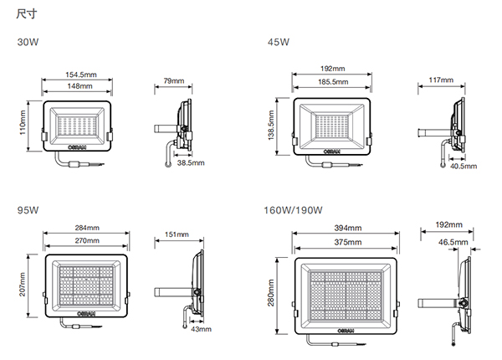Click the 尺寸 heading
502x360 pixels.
[27, 13]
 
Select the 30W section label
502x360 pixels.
[28, 42]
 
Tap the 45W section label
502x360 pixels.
[279, 42]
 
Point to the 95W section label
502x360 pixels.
[28, 210]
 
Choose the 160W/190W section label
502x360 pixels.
[293, 210]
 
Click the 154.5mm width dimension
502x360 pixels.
[81, 75]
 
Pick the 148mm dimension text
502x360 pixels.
[79, 86]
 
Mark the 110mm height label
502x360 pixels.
[23, 123]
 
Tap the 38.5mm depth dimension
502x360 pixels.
[191, 163]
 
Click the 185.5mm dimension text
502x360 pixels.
[333, 82]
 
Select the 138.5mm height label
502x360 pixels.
[271, 126]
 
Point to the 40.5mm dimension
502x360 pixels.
[464, 167]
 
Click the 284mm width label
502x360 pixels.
[87, 228]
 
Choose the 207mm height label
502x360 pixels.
[23, 285]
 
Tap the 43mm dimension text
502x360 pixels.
[201, 329]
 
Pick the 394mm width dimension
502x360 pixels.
[348, 228]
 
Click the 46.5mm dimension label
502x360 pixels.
[453, 242]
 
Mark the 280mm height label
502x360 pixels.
[271, 293]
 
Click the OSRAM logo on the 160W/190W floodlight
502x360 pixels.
[346, 331]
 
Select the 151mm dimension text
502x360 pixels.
[177, 234]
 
